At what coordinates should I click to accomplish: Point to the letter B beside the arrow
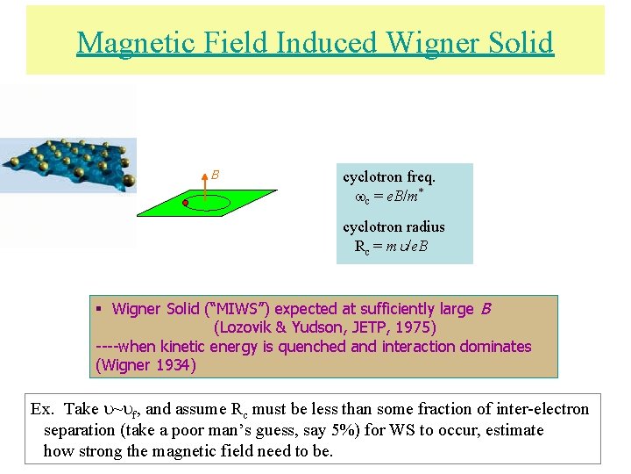pos(216,175)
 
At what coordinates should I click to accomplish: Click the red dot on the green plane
pos(186,204)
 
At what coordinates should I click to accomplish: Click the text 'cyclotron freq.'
pos(389,176)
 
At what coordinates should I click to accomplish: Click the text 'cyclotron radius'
pos(393,227)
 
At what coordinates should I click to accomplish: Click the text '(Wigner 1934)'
pos(145,364)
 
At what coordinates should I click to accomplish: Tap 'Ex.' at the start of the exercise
pos(43,409)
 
